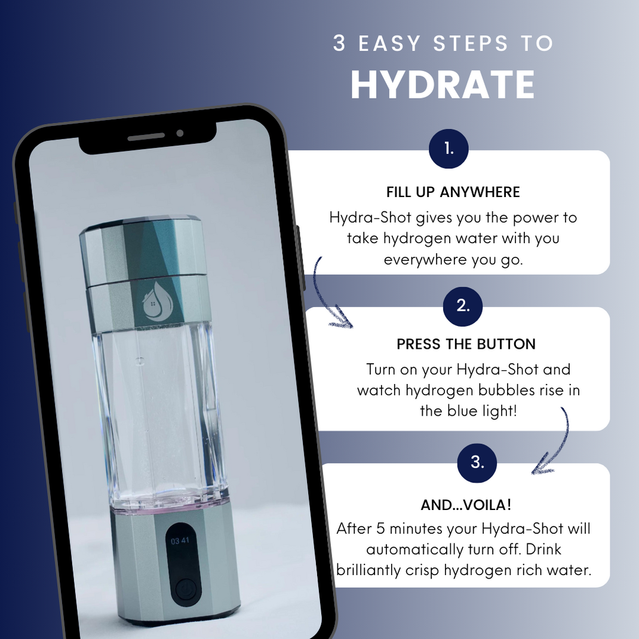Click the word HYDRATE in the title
tap(443, 85)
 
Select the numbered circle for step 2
tap(463, 306)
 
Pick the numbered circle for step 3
tap(477, 462)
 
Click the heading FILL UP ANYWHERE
tap(453, 192)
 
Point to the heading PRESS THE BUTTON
tap(466, 345)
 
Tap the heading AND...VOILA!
tap(466, 505)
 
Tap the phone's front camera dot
tap(180, 133)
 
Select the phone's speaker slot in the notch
tap(146, 137)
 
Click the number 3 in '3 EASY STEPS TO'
tap(339, 44)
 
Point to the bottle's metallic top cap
tap(143, 248)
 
